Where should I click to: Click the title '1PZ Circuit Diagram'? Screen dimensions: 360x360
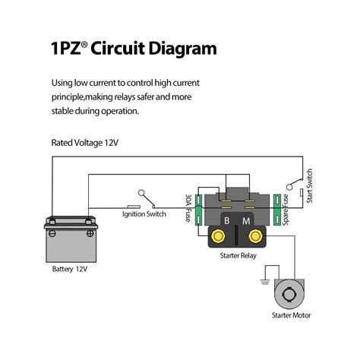[134, 50]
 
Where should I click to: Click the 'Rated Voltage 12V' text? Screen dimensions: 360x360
[84, 142]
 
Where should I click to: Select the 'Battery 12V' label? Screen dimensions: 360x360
[69, 269]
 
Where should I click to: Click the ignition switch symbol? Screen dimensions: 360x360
[144, 199]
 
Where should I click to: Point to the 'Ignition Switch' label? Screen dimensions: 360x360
[144, 214]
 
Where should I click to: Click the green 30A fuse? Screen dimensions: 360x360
[198, 208]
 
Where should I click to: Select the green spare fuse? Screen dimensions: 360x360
[276, 210]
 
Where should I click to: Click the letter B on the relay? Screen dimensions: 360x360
[225, 220]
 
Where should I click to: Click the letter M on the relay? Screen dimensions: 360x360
[245, 220]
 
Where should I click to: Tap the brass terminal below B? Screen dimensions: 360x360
[219, 237]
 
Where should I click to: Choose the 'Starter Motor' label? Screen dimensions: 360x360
[291, 315]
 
